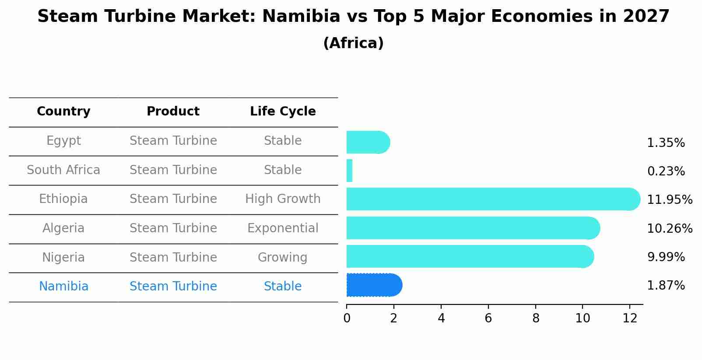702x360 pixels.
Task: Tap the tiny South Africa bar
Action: coord(349,171)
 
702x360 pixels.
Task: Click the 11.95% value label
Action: coord(670,200)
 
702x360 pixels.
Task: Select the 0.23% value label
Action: coord(666,171)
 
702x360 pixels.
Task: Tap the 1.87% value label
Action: coord(666,286)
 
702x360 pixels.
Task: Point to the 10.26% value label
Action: coord(670,229)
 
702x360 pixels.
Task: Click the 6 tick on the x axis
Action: coord(488,318)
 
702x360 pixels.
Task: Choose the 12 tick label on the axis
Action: coord(630,318)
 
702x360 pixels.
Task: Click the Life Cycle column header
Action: coord(283,112)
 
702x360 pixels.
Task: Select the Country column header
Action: coord(63,112)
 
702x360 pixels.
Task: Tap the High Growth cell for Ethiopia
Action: coord(283,199)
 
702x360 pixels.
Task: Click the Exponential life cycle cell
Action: coord(283,228)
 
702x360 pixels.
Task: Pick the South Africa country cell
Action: coord(63,170)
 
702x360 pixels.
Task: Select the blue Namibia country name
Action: coord(63,287)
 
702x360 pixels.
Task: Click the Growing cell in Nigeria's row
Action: coord(283,258)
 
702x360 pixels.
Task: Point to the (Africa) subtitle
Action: coord(353,43)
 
